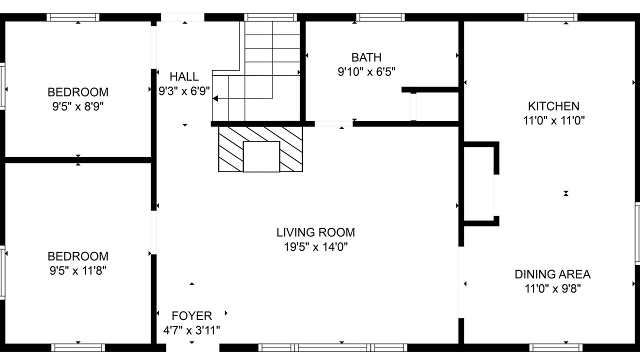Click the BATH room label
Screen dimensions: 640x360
[x=366, y=57]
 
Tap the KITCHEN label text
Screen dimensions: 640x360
[x=553, y=106]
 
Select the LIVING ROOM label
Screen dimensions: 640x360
[x=315, y=232]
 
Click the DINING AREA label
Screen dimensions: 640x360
[x=552, y=274]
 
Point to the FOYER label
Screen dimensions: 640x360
[x=191, y=316]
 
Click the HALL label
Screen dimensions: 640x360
[x=184, y=76]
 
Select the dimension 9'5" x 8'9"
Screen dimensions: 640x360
[x=77, y=106]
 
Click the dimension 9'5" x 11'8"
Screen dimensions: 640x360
[x=77, y=270]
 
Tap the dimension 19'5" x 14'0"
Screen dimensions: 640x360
[x=315, y=246]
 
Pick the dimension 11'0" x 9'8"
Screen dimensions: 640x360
[x=552, y=288]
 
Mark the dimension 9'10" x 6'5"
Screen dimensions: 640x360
[x=366, y=71]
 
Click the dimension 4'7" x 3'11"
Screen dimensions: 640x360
[x=191, y=330]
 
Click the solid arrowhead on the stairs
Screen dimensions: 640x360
[x=215, y=98]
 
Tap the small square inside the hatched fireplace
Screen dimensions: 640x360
[x=261, y=156]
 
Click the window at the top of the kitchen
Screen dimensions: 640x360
[x=550, y=17]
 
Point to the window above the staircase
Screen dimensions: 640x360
[x=270, y=17]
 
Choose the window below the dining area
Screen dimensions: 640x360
[x=556, y=347]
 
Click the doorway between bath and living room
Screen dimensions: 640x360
[x=333, y=124]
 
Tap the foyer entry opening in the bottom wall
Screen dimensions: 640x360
[x=192, y=347]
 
